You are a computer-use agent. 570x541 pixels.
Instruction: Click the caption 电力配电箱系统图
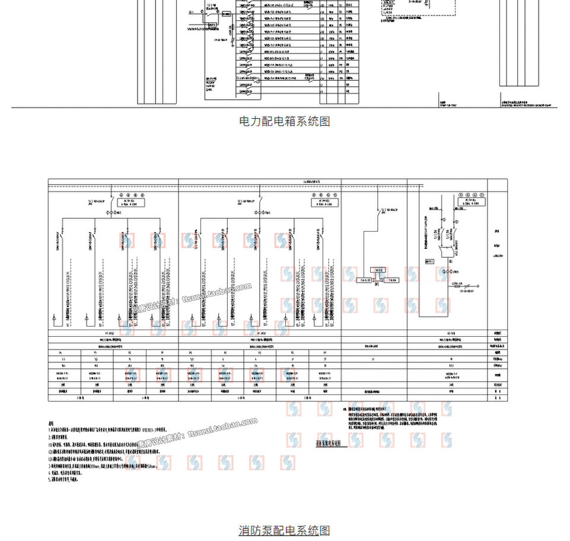285,121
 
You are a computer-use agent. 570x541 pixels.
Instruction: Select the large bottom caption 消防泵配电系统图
285,530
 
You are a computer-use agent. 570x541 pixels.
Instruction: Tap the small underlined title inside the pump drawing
327,442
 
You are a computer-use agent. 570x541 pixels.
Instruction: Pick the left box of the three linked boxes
364,279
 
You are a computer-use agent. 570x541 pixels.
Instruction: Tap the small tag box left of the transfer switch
429,261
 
